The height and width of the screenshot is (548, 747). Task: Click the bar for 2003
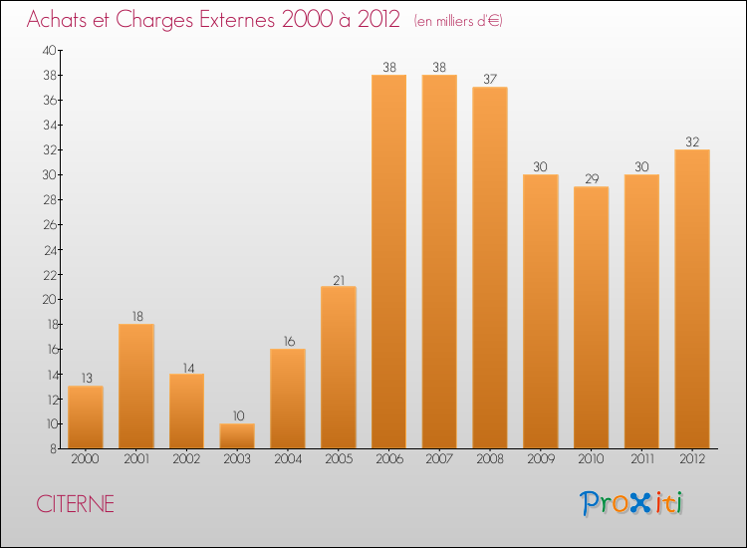(x=237, y=435)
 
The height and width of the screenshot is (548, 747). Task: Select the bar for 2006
(x=388, y=261)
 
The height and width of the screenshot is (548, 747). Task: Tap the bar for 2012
(x=692, y=299)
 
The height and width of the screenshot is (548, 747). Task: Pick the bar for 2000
(x=86, y=416)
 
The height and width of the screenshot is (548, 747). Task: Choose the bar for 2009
(x=540, y=311)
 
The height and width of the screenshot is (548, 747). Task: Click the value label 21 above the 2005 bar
(x=339, y=280)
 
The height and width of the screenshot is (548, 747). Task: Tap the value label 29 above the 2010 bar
(x=591, y=180)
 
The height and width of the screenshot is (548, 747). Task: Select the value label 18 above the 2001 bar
(x=136, y=317)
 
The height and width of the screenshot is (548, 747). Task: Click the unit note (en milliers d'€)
(x=458, y=21)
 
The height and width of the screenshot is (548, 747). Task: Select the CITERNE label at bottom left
(x=75, y=504)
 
